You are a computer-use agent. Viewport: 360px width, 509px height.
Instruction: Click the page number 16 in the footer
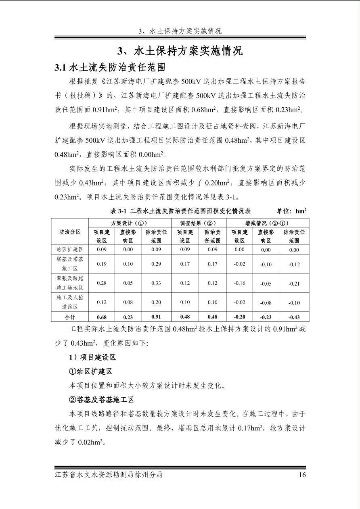[x=302, y=475]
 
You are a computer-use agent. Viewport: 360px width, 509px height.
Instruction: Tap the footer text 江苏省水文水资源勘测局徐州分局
[x=109, y=475]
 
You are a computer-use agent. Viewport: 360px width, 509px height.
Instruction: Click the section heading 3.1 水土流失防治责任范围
[x=110, y=67]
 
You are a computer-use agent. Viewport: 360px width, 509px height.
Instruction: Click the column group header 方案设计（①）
[x=129, y=223]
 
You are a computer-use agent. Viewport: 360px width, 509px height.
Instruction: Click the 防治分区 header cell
[x=70, y=232]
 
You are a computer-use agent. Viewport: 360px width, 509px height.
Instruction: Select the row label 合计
[x=70, y=317]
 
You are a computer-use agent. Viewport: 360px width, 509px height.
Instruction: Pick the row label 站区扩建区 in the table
[x=70, y=250]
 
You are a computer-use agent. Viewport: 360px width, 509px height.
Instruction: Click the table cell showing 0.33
[x=156, y=283]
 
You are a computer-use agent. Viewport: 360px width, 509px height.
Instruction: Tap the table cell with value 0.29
[x=156, y=264]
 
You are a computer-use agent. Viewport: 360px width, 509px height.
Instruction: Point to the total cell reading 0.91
[x=156, y=317]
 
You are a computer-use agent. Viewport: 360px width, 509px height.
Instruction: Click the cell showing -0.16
[x=240, y=283]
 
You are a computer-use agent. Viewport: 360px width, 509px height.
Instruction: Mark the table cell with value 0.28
[x=102, y=283]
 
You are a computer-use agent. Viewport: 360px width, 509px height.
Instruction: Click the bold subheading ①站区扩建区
[x=90, y=371]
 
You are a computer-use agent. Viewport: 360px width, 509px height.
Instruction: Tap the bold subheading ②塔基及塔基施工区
[x=101, y=400]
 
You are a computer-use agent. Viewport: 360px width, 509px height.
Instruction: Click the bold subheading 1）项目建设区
[x=92, y=357]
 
